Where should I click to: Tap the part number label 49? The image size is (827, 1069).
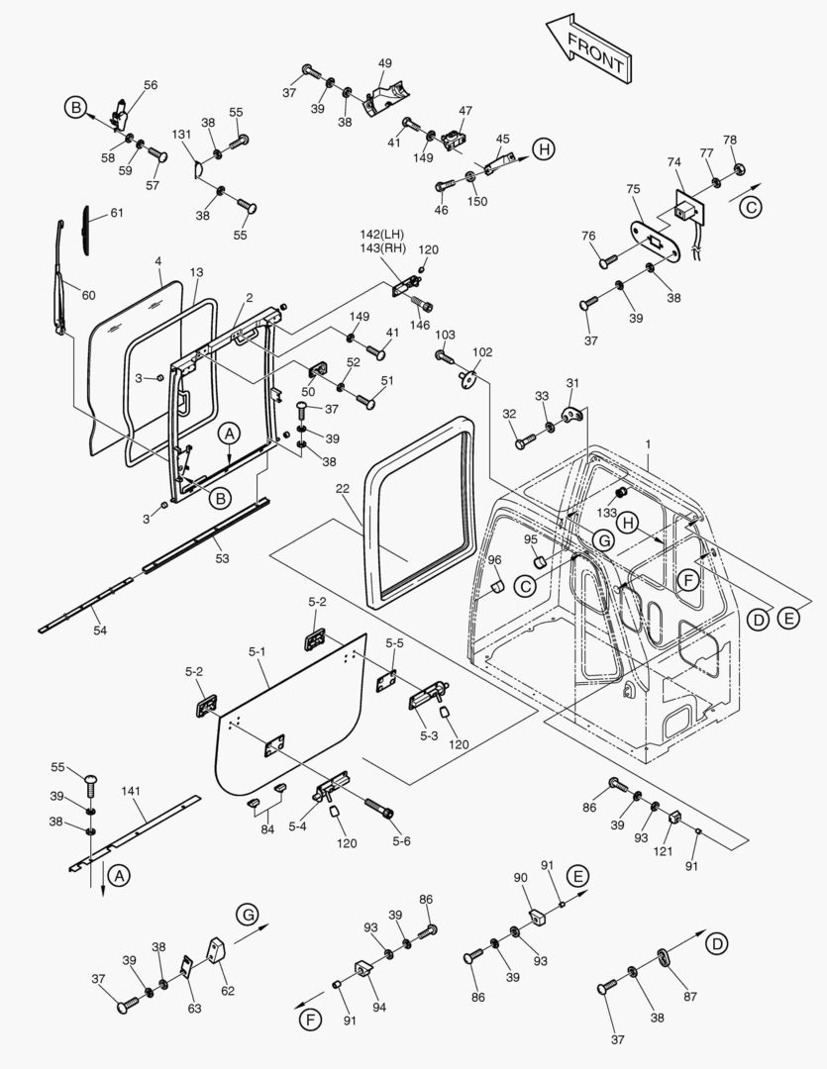(385, 63)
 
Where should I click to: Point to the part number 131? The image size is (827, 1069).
(183, 134)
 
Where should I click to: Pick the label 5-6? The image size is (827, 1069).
(400, 841)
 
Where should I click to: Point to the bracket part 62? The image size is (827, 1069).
(219, 955)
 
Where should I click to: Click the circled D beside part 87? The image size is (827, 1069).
(715, 943)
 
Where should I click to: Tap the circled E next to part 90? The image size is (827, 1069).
(578, 875)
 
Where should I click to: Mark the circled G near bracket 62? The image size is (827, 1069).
(248, 913)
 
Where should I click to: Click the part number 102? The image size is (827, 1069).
(482, 351)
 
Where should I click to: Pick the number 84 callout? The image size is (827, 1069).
(266, 828)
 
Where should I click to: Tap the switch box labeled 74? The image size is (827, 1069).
(682, 211)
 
